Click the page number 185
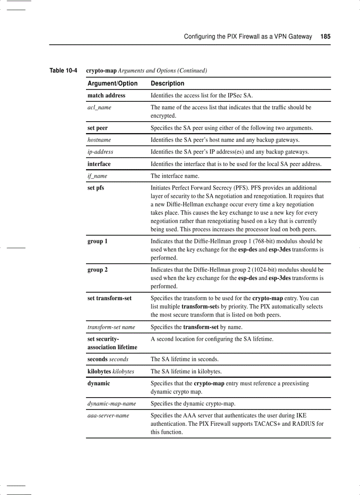click(325, 37)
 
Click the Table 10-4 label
click(63, 71)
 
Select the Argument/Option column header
click(112, 83)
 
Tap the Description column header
click(167, 83)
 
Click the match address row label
click(106, 95)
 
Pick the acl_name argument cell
click(99, 107)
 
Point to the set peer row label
click(97, 128)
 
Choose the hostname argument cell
click(99, 140)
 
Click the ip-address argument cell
click(100, 152)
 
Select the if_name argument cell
click(97, 176)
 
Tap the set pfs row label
click(96, 188)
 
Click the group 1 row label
click(97, 241)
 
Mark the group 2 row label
click(97, 270)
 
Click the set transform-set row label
click(109, 298)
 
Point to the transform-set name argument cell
click(111, 327)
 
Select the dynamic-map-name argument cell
click(112, 403)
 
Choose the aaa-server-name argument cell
click(108, 415)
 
